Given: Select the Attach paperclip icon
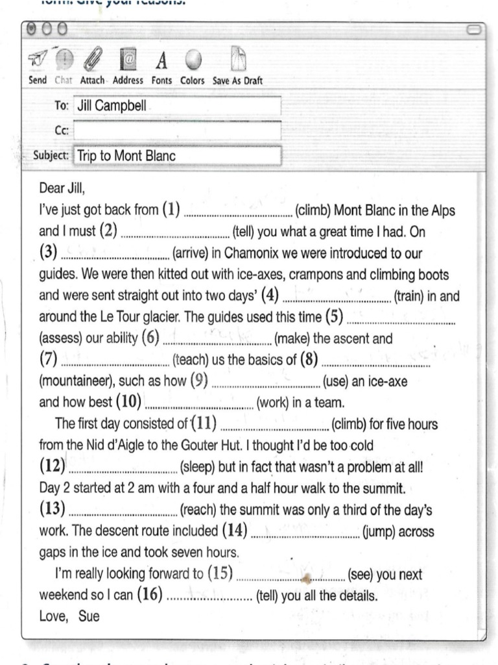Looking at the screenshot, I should pos(93,63).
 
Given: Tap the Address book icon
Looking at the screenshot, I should pos(128,63).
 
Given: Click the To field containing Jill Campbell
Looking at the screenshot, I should pos(177,106).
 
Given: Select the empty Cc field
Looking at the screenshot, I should pos(177,131).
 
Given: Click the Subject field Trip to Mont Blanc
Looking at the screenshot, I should pos(177,156).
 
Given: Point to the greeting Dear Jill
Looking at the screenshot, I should pos(62,190).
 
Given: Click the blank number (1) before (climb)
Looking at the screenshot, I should pos(239,212).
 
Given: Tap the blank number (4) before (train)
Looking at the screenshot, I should pos(337,297).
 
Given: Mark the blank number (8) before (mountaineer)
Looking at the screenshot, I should pos(376,360).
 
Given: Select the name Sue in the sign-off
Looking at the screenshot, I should pos(89,616).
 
